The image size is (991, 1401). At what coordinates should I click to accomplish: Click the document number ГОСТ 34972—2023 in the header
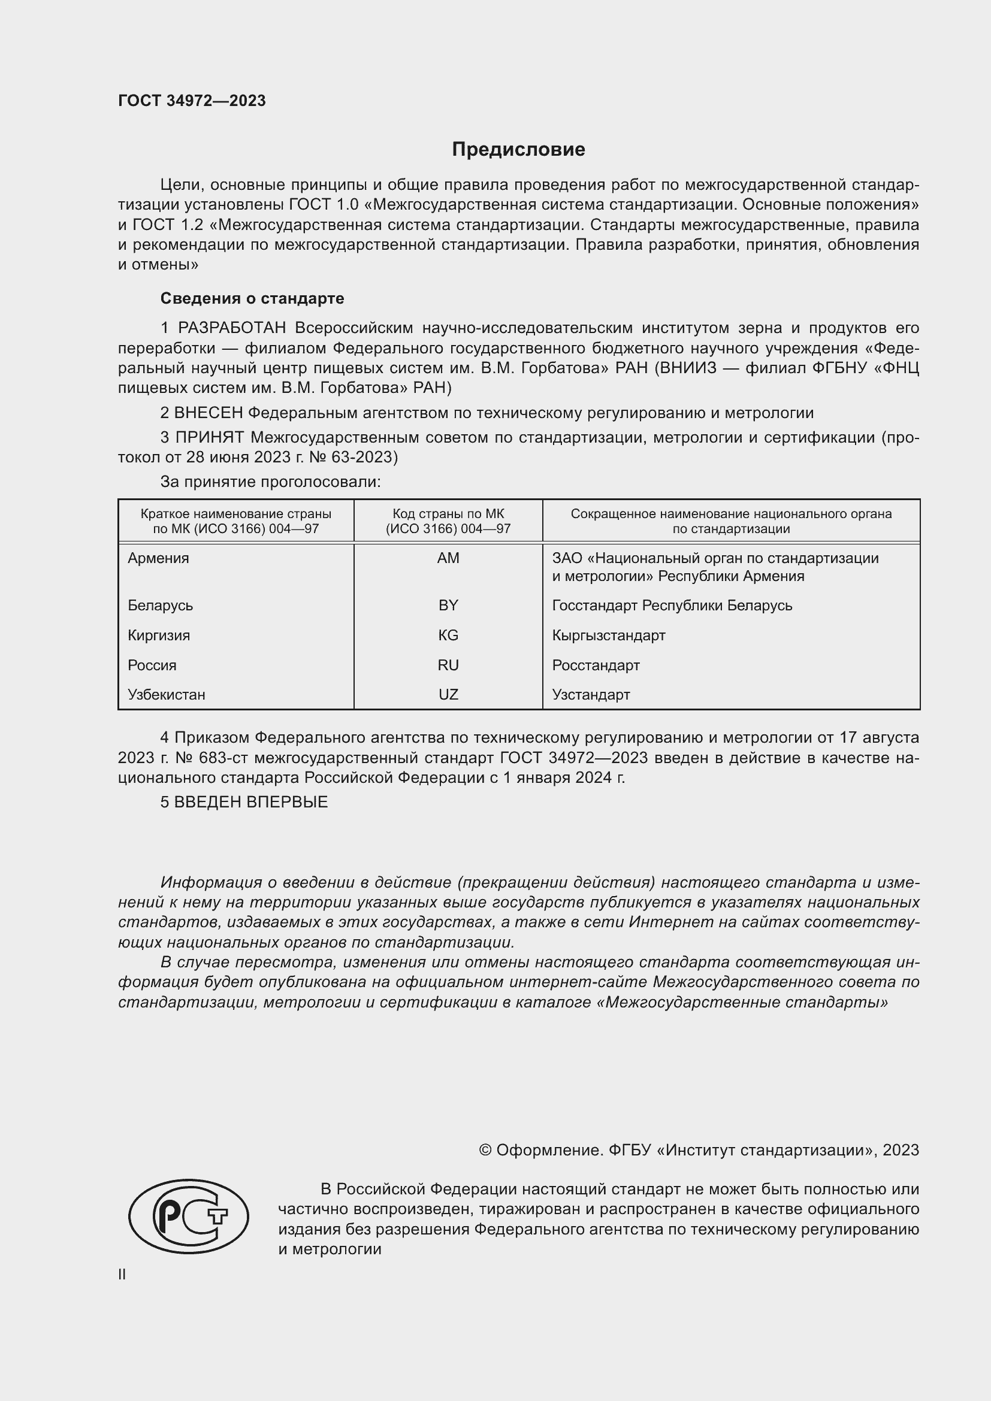(x=192, y=101)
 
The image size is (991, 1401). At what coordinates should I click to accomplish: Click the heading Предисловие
(x=518, y=150)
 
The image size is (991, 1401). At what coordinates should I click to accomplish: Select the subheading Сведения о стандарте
(x=252, y=298)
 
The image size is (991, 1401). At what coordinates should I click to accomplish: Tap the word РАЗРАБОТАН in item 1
(x=232, y=328)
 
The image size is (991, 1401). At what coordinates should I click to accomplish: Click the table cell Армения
(x=159, y=558)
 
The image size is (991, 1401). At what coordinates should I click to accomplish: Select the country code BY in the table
(x=448, y=606)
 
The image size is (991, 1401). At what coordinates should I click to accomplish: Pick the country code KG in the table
(x=448, y=635)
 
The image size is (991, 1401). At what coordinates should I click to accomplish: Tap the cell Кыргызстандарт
(x=608, y=635)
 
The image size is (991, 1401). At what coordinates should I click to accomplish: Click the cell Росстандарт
(x=596, y=665)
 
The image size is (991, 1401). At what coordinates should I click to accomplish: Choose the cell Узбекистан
(x=167, y=694)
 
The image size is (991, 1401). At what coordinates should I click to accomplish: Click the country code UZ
(x=448, y=694)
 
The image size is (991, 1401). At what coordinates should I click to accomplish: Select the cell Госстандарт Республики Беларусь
(x=672, y=606)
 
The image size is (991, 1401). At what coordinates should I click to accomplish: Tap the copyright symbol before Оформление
(x=485, y=1150)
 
